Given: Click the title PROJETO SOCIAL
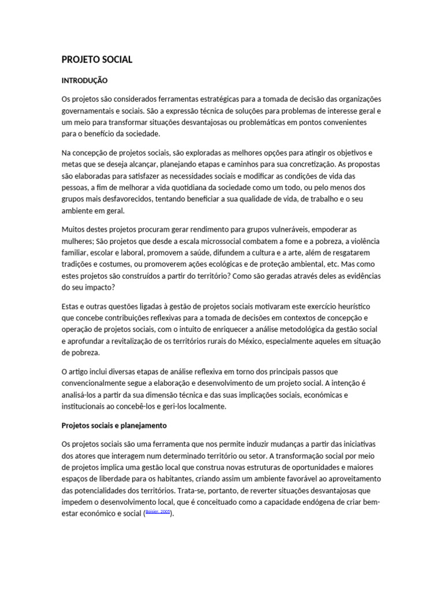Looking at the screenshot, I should coord(97,60).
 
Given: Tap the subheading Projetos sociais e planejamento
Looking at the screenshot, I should coord(114,425).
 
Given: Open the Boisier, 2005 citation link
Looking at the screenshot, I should coord(157,512).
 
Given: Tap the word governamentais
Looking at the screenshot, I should coord(89,110).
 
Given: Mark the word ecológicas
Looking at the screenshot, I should coord(227,264).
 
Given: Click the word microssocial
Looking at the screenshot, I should coord(188,241).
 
